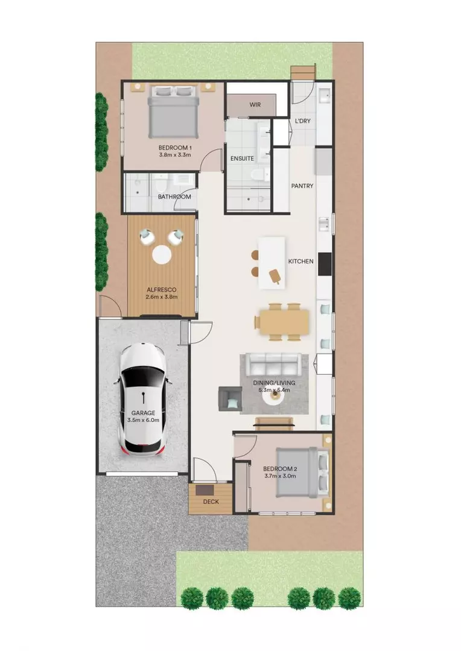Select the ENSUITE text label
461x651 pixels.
click(242, 159)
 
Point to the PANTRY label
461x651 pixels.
click(302, 186)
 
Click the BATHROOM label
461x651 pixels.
click(174, 197)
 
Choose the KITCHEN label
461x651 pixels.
click(300, 261)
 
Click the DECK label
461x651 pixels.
click(211, 502)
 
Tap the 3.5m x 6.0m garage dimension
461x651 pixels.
click(144, 420)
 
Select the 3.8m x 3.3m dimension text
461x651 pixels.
click(175, 155)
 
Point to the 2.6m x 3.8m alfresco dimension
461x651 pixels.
click(162, 297)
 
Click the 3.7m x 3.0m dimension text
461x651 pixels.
click(281, 476)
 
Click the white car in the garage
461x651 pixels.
click(143, 398)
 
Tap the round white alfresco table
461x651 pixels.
click(162, 255)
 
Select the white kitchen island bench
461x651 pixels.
click(272, 262)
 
